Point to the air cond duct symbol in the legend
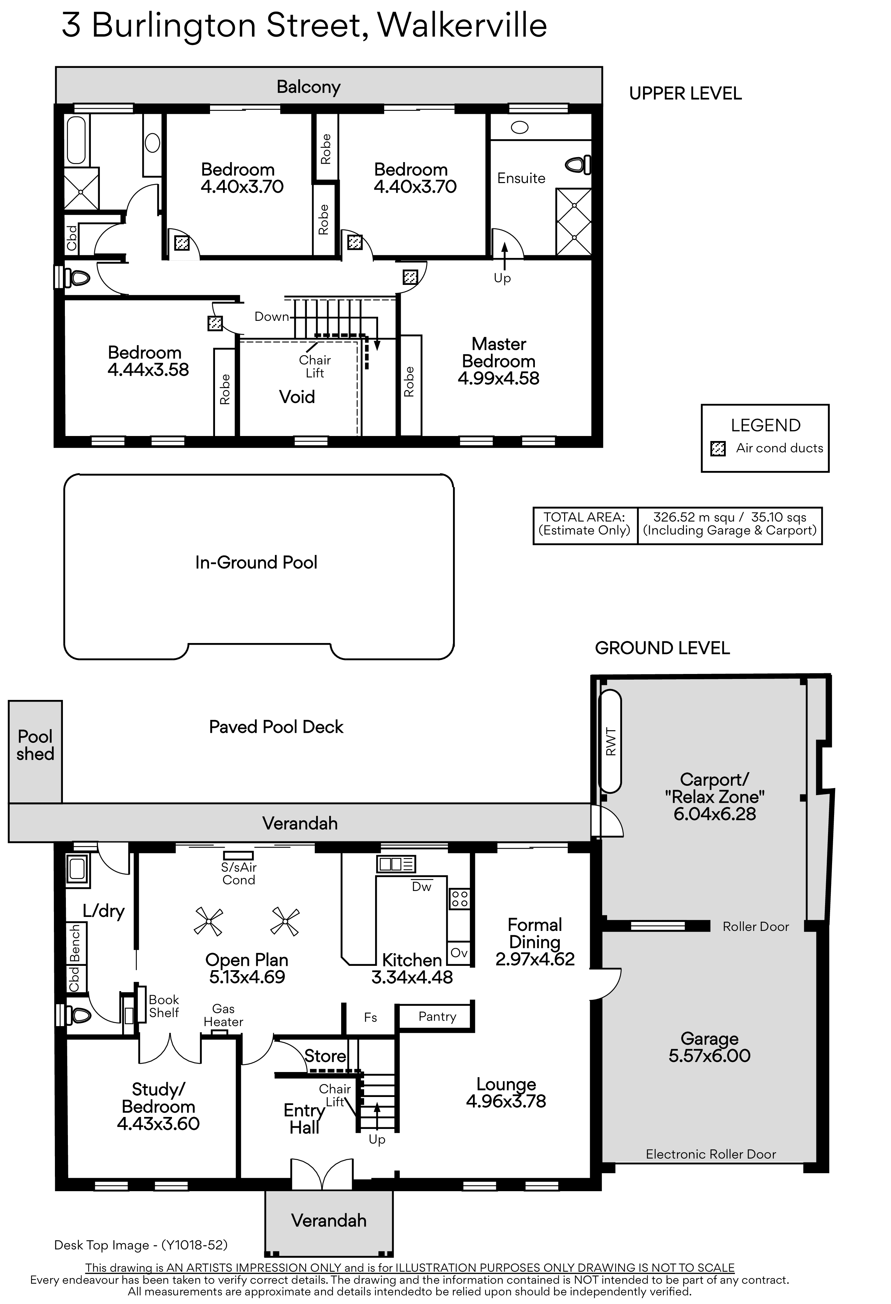pyautogui.click(x=718, y=449)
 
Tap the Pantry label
pyautogui.click(x=437, y=1017)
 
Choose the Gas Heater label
pyautogui.click(x=223, y=1015)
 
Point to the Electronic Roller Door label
pyautogui.click(x=711, y=1154)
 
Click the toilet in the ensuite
pyautogui.click(x=578, y=165)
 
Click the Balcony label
pyautogui.click(x=309, y=87)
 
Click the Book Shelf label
pyautogui.click(x=164, y=1006)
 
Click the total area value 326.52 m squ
pyautogui.click(x=694, y=517)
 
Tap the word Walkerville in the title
pyautogui.click(x=462, y=25)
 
